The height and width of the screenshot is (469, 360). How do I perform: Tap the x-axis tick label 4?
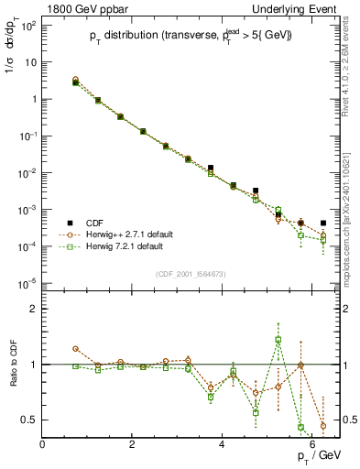coord(223,444)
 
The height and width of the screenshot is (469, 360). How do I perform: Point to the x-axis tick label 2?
coord(133,444)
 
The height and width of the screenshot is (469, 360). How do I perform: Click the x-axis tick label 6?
coord(312,444)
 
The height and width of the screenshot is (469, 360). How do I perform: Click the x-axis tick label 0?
coord(43,444)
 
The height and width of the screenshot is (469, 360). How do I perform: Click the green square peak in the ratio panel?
coord(278,340)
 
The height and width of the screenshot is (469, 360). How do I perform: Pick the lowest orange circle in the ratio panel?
coord(322,425)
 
